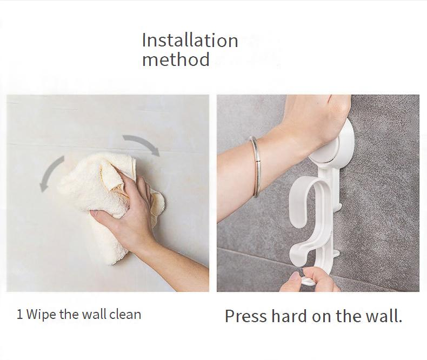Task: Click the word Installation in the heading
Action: (190, 41)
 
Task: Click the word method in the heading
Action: (176, 59)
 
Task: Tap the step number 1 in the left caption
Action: (19, 314)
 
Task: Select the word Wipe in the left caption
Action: (42, 315)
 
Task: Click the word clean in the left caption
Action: (125, 314)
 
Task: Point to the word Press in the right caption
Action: (245, 316)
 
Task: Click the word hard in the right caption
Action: (289, 316)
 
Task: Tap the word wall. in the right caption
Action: (384, 316)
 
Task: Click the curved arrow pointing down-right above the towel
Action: (143, 142)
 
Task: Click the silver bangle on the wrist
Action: (256, 166)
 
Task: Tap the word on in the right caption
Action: (322, 317)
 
